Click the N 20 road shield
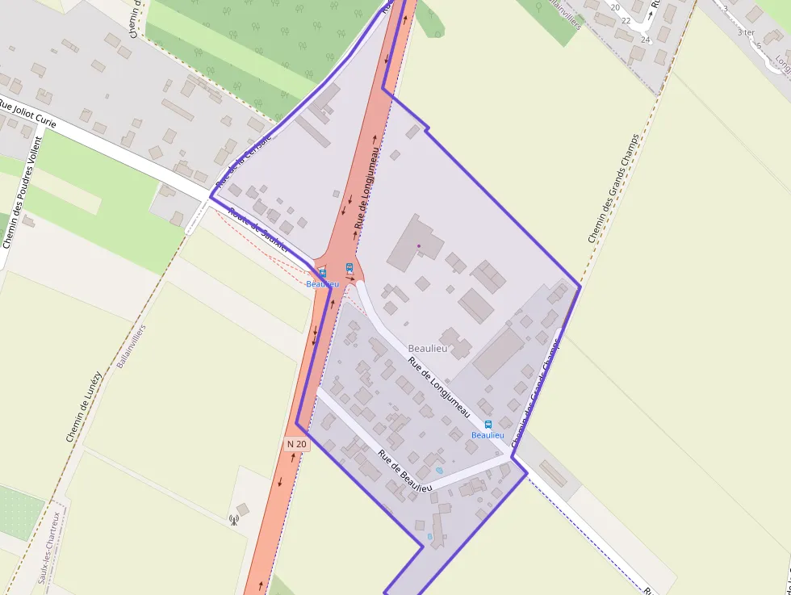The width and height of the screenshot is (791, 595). [x=297, y=444]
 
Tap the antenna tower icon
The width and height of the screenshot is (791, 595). [x=233, y=520]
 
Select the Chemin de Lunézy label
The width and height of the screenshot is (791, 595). [x=84, y=406]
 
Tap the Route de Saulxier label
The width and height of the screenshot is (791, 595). [x=259, y=232]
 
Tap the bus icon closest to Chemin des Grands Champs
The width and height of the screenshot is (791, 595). [x=488, y=425]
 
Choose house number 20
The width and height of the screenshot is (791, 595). [x=615, y=7]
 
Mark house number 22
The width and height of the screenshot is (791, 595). [x=626, y=21]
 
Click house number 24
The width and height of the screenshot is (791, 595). [x=645, y=40]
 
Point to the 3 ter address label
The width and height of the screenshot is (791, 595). [x=745, y=32]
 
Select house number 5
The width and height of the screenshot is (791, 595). [x=758, y=45]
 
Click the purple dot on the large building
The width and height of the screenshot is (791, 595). [x=418, y=246]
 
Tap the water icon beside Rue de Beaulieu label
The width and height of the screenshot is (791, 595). [x=439, y=470]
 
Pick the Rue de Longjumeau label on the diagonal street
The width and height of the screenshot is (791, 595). [x=439, y=387]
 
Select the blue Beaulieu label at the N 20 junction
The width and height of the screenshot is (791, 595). [x=322, y=284]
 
